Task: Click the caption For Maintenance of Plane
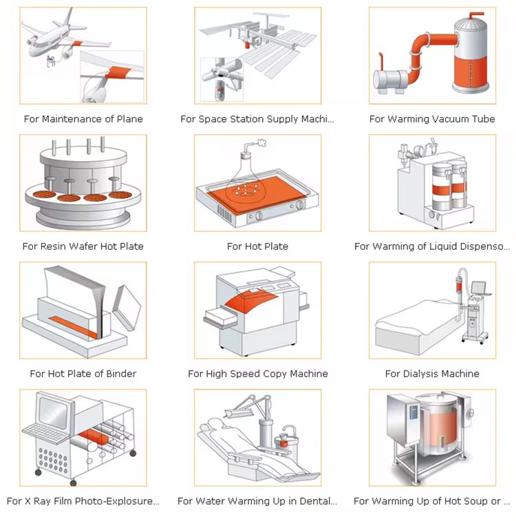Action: [83, 119]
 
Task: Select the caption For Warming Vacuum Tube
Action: [432, 119]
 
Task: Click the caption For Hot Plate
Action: [257, 246]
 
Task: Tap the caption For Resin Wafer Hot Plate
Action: [83, 246]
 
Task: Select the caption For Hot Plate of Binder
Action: [83, 374]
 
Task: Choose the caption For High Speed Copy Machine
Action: [258, 374]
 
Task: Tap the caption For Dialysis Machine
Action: [432, 374]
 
